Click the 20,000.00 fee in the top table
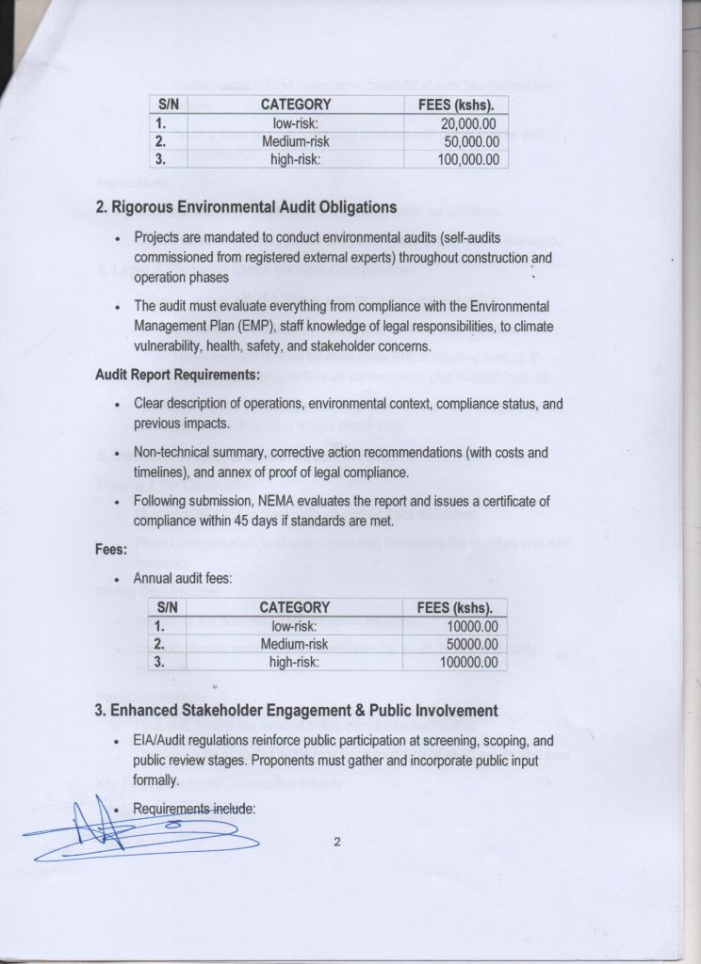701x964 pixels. pyautogui.click(x=474, y=123)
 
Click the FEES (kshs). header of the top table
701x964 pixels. pyautogui.click(x=455, y=105)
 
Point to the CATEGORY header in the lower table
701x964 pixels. pyautogui.click(x=294, y=607)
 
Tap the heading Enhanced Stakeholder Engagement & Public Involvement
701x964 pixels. pyautogui.click(x=298, y=710)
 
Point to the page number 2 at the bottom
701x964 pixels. pyautogui.click(x=336, y=843)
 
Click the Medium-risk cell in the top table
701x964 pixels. pyautogui.click(x=294, y=141)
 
